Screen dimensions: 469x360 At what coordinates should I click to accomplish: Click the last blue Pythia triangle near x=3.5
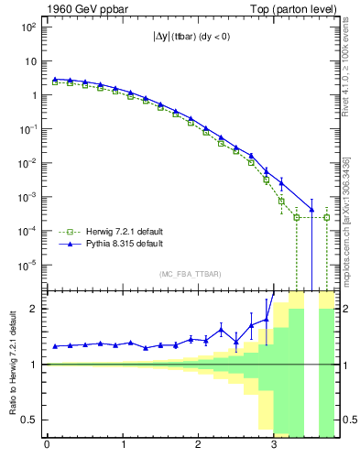pyautogui.click(x=311, y=210)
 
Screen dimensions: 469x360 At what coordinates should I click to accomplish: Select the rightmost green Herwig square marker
pyautogui.click(x=327, y=217)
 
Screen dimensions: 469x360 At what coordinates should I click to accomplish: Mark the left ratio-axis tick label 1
pyautogui.click(x=33, y=365)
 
